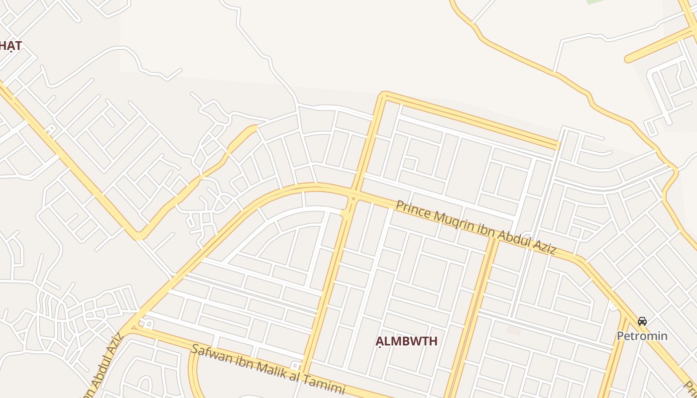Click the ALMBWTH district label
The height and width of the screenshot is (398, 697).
(x=406, y=341)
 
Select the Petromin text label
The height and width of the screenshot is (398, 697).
(x=642, y=336)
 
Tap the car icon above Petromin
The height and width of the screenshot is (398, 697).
(x=642, y=321)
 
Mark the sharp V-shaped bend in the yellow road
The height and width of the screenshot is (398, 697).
(x=139, y=236)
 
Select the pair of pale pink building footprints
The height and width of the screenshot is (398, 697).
(x=513, y=330)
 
